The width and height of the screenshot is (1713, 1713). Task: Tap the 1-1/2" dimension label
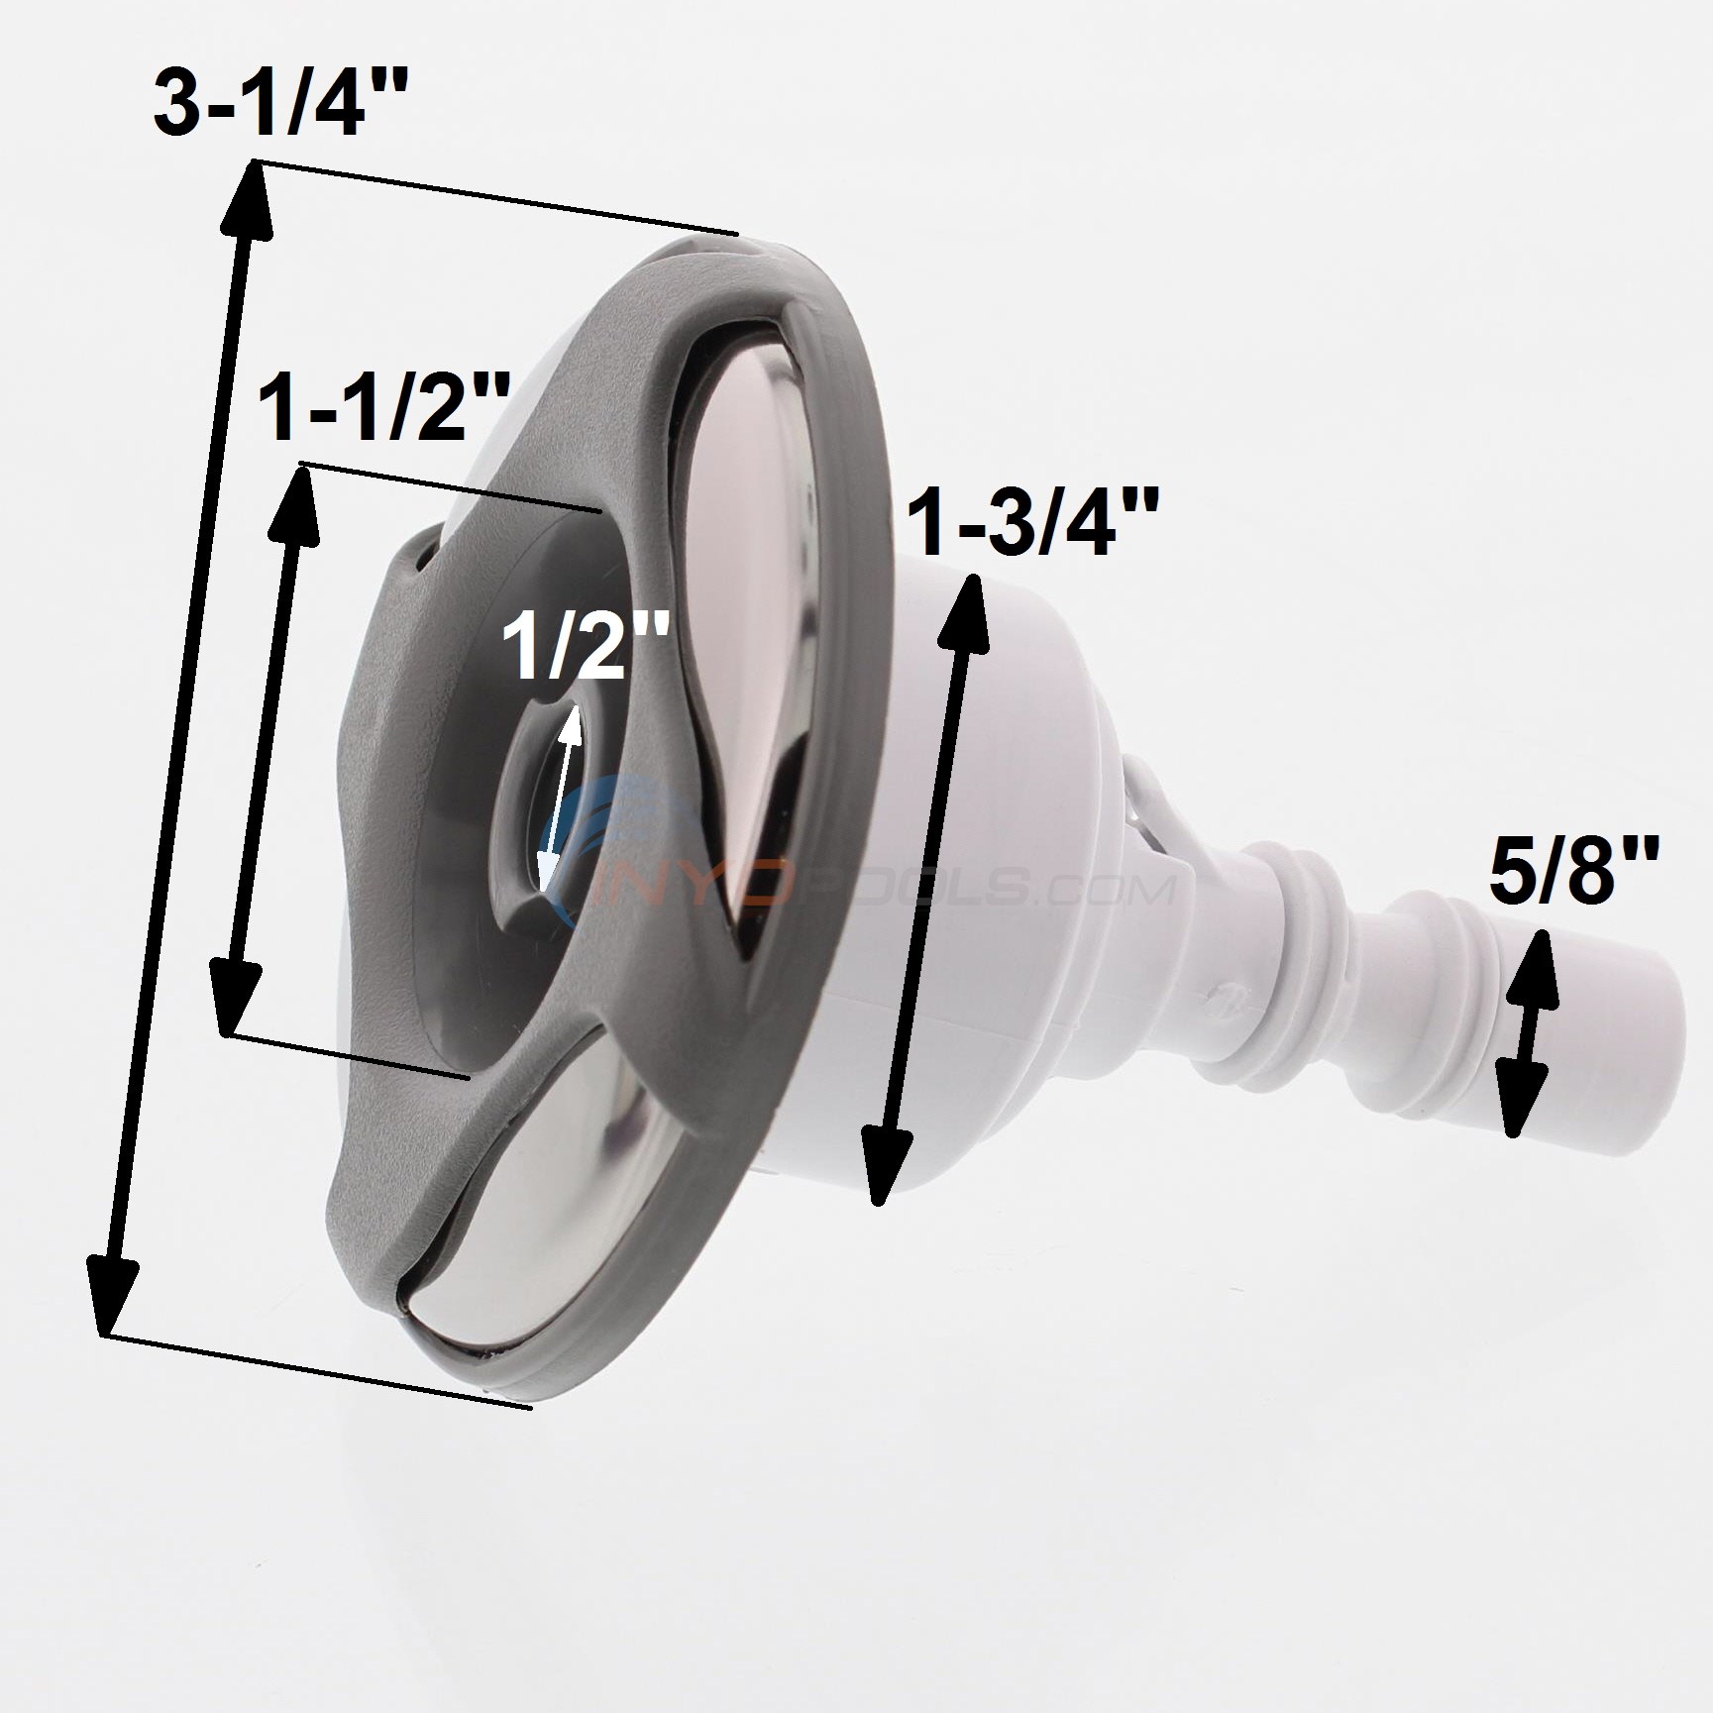coord(384,410)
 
